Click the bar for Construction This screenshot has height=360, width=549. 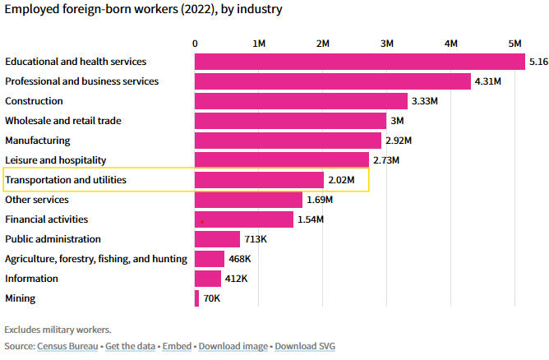click(301, 101)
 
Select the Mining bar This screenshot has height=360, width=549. click(197, 298)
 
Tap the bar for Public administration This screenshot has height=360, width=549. click(217, 239)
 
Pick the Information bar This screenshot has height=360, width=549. click(208, 279)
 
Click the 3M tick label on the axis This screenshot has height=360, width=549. click(387, 43)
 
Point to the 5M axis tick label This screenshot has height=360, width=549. click(515, 43)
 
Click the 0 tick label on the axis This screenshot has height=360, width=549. click(195, 43)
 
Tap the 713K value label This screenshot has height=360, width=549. click(257, 239)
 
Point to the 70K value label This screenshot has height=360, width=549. click(212, 298)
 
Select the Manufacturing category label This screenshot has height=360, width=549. click(38, 141)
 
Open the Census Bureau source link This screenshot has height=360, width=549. click(67, 346)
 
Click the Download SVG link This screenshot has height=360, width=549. click(304, 346)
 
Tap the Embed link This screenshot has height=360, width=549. click(176, 346)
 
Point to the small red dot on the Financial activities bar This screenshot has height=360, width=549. click(201, 222)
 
